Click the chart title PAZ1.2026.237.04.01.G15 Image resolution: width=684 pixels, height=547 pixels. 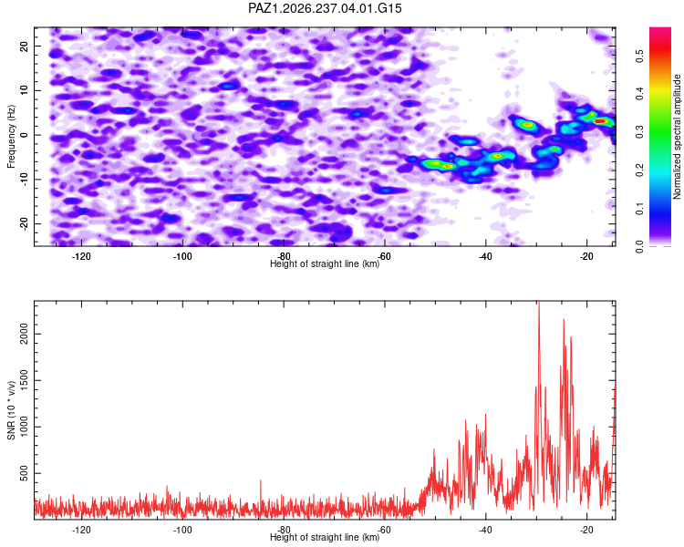325,8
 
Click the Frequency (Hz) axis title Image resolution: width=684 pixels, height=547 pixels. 11,136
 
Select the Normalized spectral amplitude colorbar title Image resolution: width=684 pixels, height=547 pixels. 677,137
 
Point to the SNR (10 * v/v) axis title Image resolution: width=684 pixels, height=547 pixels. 11,410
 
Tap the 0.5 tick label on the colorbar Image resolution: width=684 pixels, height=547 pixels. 639,56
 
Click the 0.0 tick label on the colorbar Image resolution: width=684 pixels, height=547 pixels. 639,246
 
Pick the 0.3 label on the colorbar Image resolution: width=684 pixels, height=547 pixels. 639,132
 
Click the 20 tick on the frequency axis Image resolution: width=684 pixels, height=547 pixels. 24,46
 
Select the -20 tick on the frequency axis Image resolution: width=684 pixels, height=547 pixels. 24,223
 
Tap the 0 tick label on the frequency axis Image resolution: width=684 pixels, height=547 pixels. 24,135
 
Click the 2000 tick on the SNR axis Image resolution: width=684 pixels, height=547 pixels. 24,335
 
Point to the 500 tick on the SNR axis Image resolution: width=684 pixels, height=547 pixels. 24,473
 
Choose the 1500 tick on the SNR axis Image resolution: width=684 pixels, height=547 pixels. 24,380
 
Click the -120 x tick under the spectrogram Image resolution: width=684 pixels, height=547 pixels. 81,256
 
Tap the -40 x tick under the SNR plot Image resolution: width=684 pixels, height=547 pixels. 485,530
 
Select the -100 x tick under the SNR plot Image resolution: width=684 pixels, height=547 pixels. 182,530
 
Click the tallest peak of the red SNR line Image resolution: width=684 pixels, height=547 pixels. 539,302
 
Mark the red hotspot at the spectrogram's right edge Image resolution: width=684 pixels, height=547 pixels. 601,121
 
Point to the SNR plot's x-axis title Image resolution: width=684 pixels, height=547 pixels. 325,537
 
